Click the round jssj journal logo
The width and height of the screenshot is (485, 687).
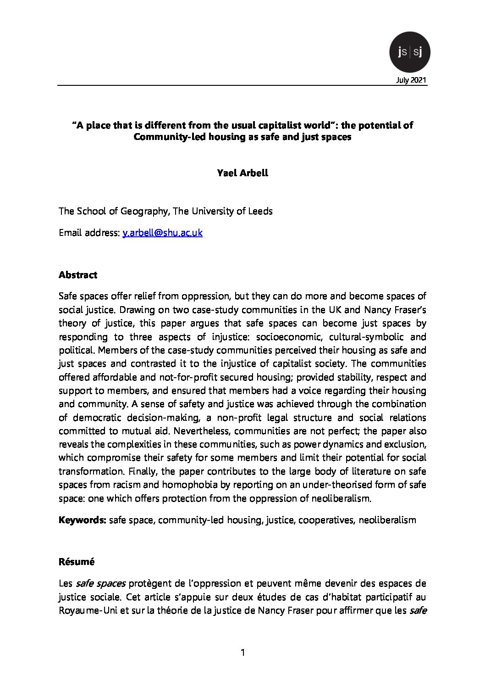pyautogui.click(x=409, y=52)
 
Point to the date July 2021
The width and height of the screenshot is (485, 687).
pyautogui.click(x=411, y=80)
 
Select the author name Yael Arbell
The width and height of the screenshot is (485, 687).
pyautogui.click(x=242, y=173)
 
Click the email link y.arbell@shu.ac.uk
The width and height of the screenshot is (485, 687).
pyautogui.click(x=162, y=233)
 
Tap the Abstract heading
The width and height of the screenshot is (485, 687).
pyautogui.click(x=78, y=275)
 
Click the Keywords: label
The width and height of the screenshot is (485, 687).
pyautogui.click(x=83, y=520)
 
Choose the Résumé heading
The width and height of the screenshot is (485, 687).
pyautogui.click(x=77, y=562)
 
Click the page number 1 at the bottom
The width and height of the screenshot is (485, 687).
pyautogui.click(x=243, y=652)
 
